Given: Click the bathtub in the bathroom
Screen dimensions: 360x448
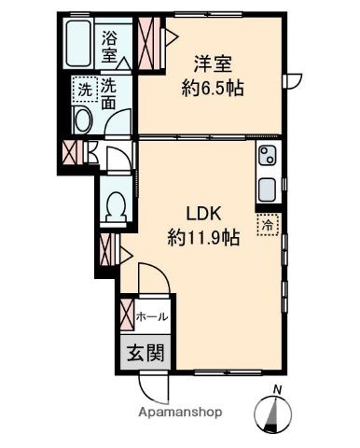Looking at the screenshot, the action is (78, 43).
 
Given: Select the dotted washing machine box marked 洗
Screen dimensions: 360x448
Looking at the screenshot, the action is (85, 90).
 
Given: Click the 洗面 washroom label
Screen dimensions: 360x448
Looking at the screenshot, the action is (108, 93).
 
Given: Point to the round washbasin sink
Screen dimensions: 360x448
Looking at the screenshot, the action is (82, 120).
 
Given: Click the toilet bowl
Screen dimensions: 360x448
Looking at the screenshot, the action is (116, 206).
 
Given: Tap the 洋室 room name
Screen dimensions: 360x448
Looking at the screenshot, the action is (213, 63).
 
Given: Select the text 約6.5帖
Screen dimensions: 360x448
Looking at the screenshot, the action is (213, 88).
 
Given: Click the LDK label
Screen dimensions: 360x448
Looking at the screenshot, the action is (203, 214).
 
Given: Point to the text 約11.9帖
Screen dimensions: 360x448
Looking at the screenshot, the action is (203, 238).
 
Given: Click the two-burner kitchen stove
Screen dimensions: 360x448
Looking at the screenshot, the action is (268, 156).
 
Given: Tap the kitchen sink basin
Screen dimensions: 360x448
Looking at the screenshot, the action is (267, 189).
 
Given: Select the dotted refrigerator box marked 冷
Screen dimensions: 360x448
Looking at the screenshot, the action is (269, 225).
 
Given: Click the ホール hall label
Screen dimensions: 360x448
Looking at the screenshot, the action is (152, 317).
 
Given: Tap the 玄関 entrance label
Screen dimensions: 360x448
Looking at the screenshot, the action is (145, 353).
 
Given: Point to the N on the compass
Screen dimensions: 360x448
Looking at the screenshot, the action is (277, 389).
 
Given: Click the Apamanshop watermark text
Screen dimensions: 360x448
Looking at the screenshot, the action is (180, 413).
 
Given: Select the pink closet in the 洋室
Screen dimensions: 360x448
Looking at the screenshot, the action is (149, 43).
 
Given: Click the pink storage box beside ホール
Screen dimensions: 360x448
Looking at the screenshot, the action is (128, 315).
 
